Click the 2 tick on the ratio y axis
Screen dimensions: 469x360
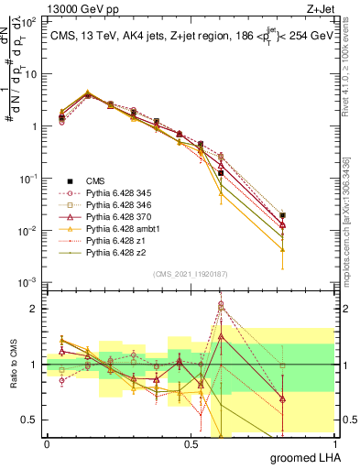tap(32, 309)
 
